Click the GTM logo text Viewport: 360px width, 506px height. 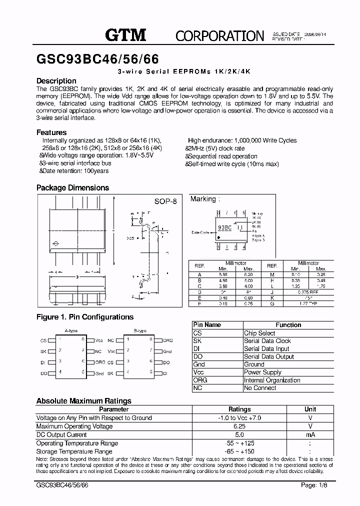tap(125, 34)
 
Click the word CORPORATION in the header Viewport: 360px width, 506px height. tap(219, 35)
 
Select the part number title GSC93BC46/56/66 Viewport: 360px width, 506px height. tap(97, 59)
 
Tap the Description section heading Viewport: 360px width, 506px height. tap(56, 81)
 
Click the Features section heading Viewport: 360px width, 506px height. tap(51, 132)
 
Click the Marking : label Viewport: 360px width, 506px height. tap(205, 199)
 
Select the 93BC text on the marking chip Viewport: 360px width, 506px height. tap(224, 227)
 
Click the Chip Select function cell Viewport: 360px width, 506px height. tap(259, 333)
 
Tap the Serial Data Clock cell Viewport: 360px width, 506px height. tap(267, 341)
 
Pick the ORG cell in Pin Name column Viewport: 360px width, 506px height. tap(200, 380)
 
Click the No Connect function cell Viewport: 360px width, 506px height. tap(260, 388)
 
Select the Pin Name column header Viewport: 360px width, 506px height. tap(207, 325)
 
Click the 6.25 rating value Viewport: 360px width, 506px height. tap(239, 426)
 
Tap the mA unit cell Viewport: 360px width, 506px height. tap(310, 435)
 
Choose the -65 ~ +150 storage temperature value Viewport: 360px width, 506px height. tap(239, 451)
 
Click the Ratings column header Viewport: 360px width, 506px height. tap(239, 409)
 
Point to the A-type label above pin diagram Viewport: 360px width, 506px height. tap(71, 331)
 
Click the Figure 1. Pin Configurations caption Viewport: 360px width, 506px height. tap(85, 317)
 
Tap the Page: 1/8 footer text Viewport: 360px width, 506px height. tap(315, 485)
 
